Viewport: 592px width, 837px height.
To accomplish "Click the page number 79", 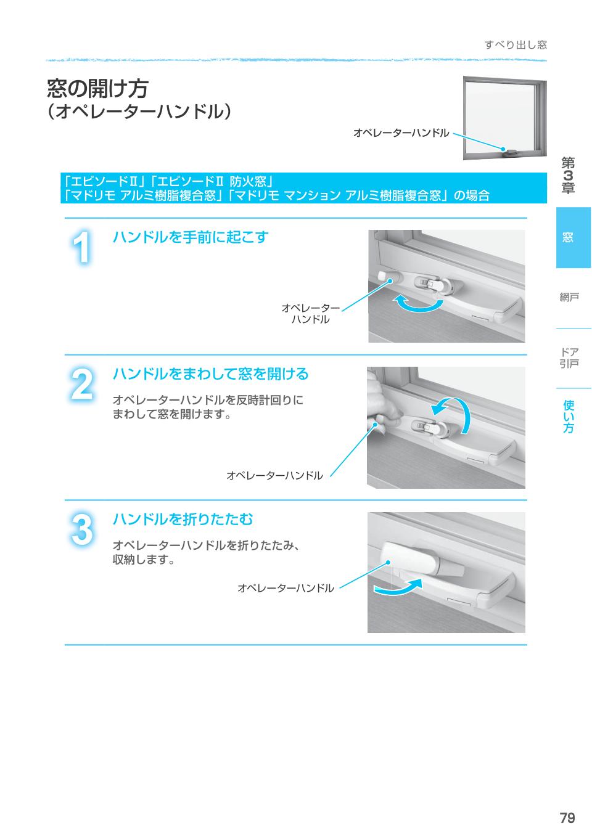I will (567, 818).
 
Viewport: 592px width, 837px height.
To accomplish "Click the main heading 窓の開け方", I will (97, 88).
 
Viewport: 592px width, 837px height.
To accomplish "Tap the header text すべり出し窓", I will (515, 44).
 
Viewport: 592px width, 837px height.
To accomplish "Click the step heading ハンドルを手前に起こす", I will (190, 237).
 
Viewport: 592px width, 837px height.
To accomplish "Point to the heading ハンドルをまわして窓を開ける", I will (210, 374).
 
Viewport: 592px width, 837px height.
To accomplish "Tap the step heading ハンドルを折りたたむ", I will (183, 520).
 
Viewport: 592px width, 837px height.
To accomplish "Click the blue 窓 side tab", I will (573, 237).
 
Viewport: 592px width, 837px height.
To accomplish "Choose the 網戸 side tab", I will (569, 298).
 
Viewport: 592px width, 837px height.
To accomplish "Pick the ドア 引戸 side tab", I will (569, 358).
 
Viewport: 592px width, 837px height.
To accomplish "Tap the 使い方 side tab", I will (569, 416).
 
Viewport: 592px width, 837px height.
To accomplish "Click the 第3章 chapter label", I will (568, 176).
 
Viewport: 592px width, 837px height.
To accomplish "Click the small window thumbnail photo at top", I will (504, 117).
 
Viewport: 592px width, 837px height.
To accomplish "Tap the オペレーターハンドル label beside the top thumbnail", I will (401, 133).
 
